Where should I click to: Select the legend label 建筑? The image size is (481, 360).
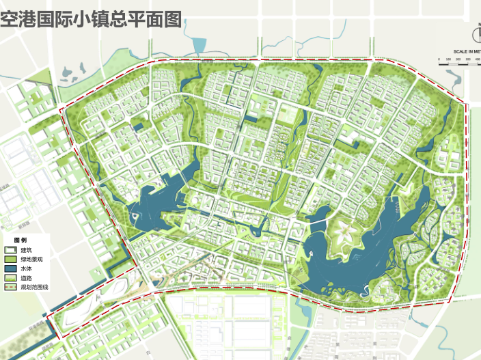27,250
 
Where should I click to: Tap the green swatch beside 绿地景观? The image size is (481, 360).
10,260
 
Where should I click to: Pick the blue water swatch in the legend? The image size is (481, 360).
10,269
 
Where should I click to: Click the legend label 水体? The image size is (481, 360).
27,269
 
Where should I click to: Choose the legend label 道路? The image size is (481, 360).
27,278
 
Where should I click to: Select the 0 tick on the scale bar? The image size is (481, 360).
439,59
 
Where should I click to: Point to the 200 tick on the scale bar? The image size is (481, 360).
457,59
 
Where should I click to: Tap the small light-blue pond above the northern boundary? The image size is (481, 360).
199,46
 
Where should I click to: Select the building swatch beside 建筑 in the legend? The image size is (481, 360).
10,250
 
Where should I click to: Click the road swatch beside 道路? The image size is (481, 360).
10,278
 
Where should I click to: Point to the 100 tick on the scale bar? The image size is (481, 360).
448,59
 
